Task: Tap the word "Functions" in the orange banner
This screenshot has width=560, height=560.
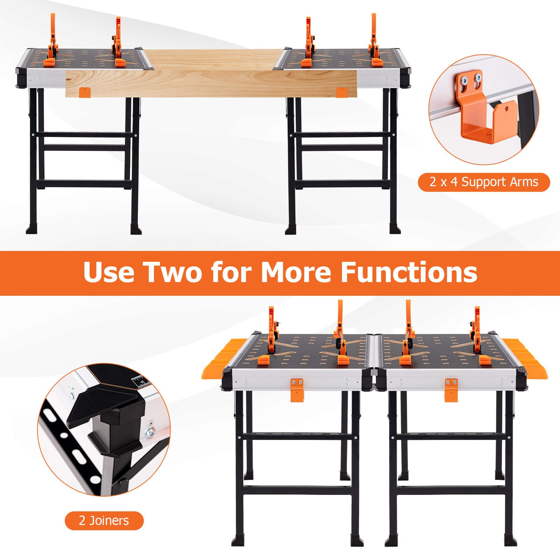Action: [x=409, y=272]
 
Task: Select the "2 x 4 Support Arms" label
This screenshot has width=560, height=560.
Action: [x=484, y=182]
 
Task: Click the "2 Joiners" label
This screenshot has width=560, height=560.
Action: [x=104, y=520]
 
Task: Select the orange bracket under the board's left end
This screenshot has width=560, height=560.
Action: [x=85, y=92]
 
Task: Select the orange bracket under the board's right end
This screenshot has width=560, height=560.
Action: [x=342, y=92]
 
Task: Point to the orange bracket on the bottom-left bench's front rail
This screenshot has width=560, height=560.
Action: [x=297, y=390]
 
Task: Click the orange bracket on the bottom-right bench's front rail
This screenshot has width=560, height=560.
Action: [x=451, y=390]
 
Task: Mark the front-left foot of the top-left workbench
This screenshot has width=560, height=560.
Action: [x=31, y=230]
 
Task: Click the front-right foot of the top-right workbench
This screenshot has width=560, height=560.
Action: [x=395, y=230]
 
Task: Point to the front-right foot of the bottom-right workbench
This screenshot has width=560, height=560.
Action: [x=511, y=541]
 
